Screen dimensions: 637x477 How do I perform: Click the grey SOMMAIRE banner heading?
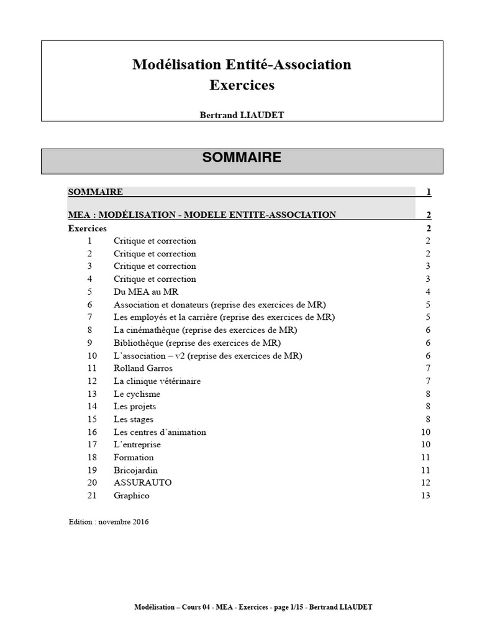coord(242,158)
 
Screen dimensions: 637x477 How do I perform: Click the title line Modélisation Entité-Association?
coord(242,65)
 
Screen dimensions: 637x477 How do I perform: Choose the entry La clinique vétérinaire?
coord(157,381)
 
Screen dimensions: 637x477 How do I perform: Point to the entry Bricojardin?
coord(135,470)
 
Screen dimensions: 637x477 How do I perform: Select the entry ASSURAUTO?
coord(142,483)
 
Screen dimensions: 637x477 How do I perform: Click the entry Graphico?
coord(132,496)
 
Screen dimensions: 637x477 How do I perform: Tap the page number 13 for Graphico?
coord(425,496)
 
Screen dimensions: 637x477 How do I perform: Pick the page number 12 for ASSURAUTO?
coord(425,483)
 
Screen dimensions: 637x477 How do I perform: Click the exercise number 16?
coord(93,432)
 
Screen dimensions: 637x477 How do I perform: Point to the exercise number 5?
coord(90,292)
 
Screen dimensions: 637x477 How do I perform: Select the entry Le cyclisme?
coord(137,394)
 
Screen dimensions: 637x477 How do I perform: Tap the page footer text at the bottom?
coord(253,607)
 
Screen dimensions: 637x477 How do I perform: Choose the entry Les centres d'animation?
coord(160,432)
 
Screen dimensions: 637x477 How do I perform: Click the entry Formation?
coord(134,457)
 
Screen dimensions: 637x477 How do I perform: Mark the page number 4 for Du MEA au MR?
coord(428,292)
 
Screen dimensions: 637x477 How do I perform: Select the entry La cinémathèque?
coord(205,330)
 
